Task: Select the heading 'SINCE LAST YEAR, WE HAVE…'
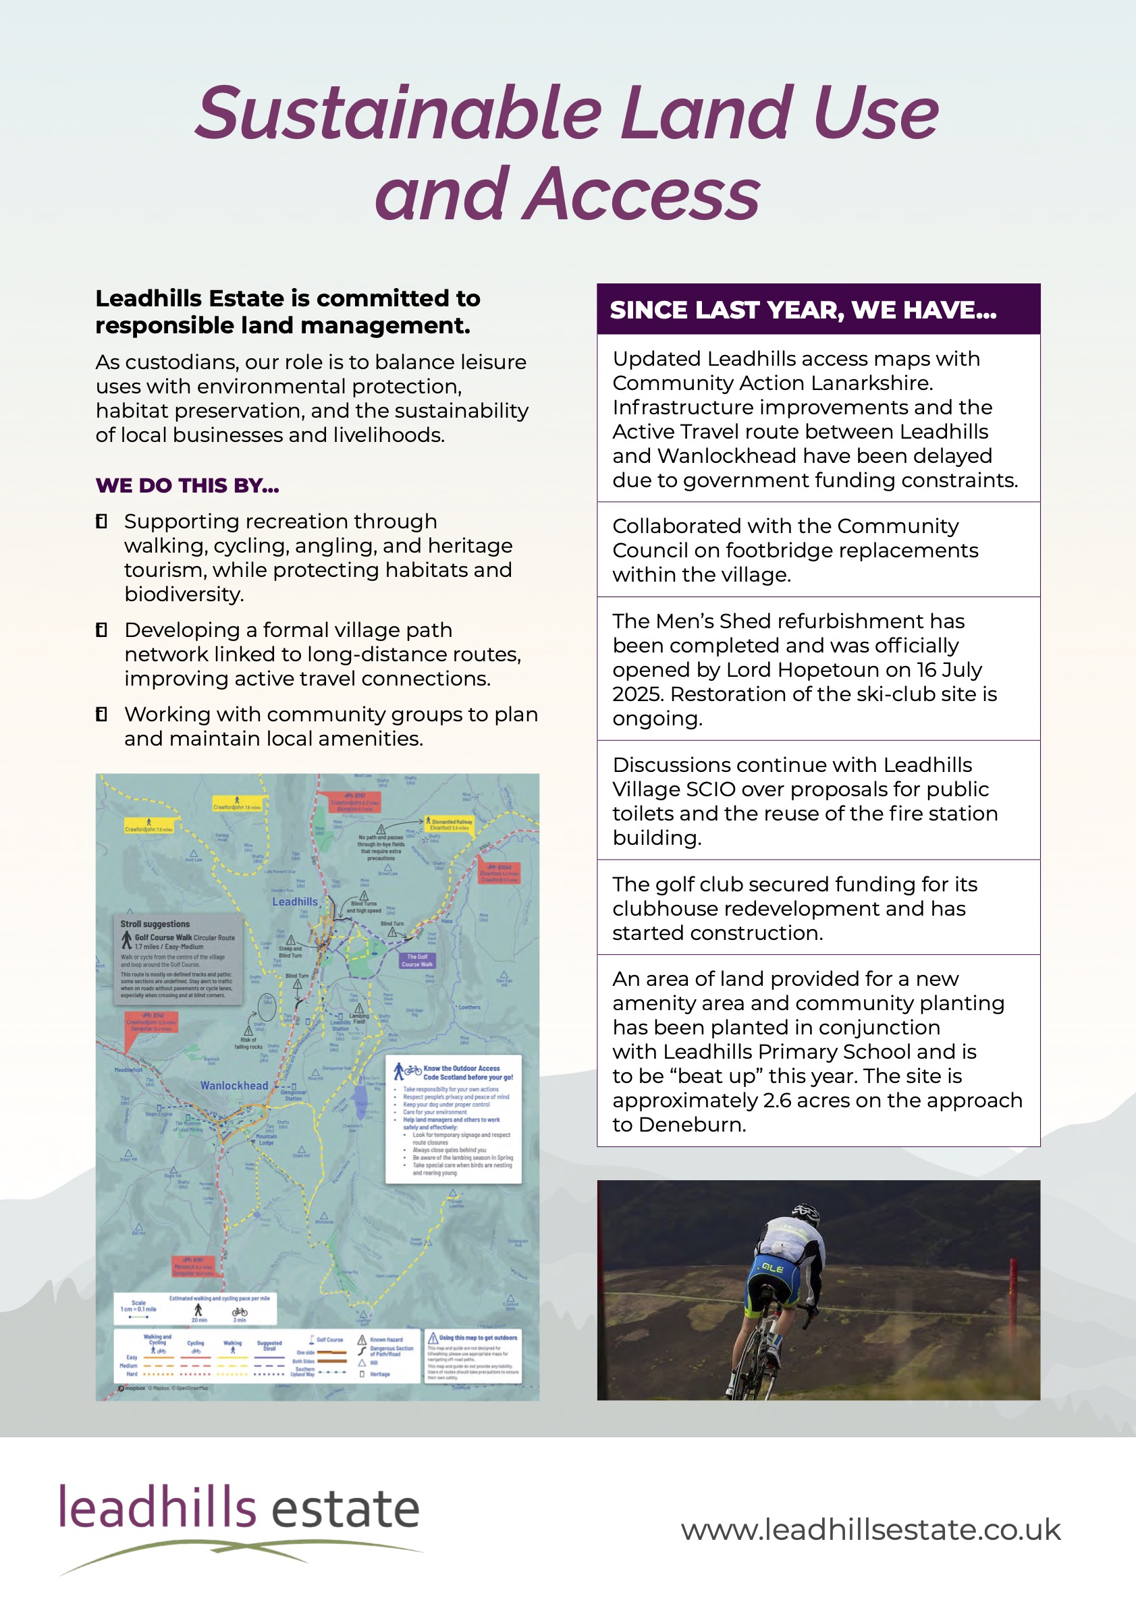point(803,310)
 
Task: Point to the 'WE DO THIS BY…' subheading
point(187,485)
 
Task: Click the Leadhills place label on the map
point(295,902)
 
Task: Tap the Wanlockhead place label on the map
point(234,1086)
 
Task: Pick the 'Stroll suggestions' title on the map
point(155,924)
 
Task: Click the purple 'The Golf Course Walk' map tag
point(417,960)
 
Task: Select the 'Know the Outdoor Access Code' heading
point(467,1072)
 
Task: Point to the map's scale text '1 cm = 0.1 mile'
point(138,1309)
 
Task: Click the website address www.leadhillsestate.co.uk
point(871,1530)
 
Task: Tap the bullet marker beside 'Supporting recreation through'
point(101,522)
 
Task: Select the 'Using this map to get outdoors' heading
point(478,1337)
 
